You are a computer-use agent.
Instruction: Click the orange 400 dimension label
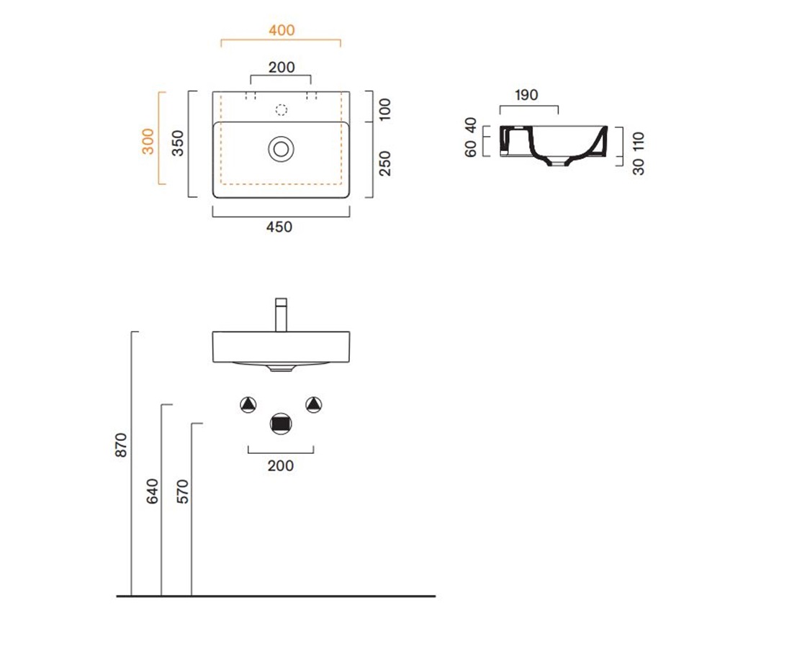pos(282,30)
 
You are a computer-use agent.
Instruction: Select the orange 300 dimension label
pos(148,142)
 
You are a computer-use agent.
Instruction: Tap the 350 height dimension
pos(177,143)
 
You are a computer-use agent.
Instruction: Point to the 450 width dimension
pos(279,227)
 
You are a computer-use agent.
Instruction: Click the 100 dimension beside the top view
pos(385,109)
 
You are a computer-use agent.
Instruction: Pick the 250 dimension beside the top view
pos(385,163)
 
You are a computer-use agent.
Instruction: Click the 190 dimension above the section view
pos(526,95)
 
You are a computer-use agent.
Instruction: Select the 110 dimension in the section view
pos(639,141)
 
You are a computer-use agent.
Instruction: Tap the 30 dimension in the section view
pos(639,167)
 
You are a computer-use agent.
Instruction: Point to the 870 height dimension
pos(121,445)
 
